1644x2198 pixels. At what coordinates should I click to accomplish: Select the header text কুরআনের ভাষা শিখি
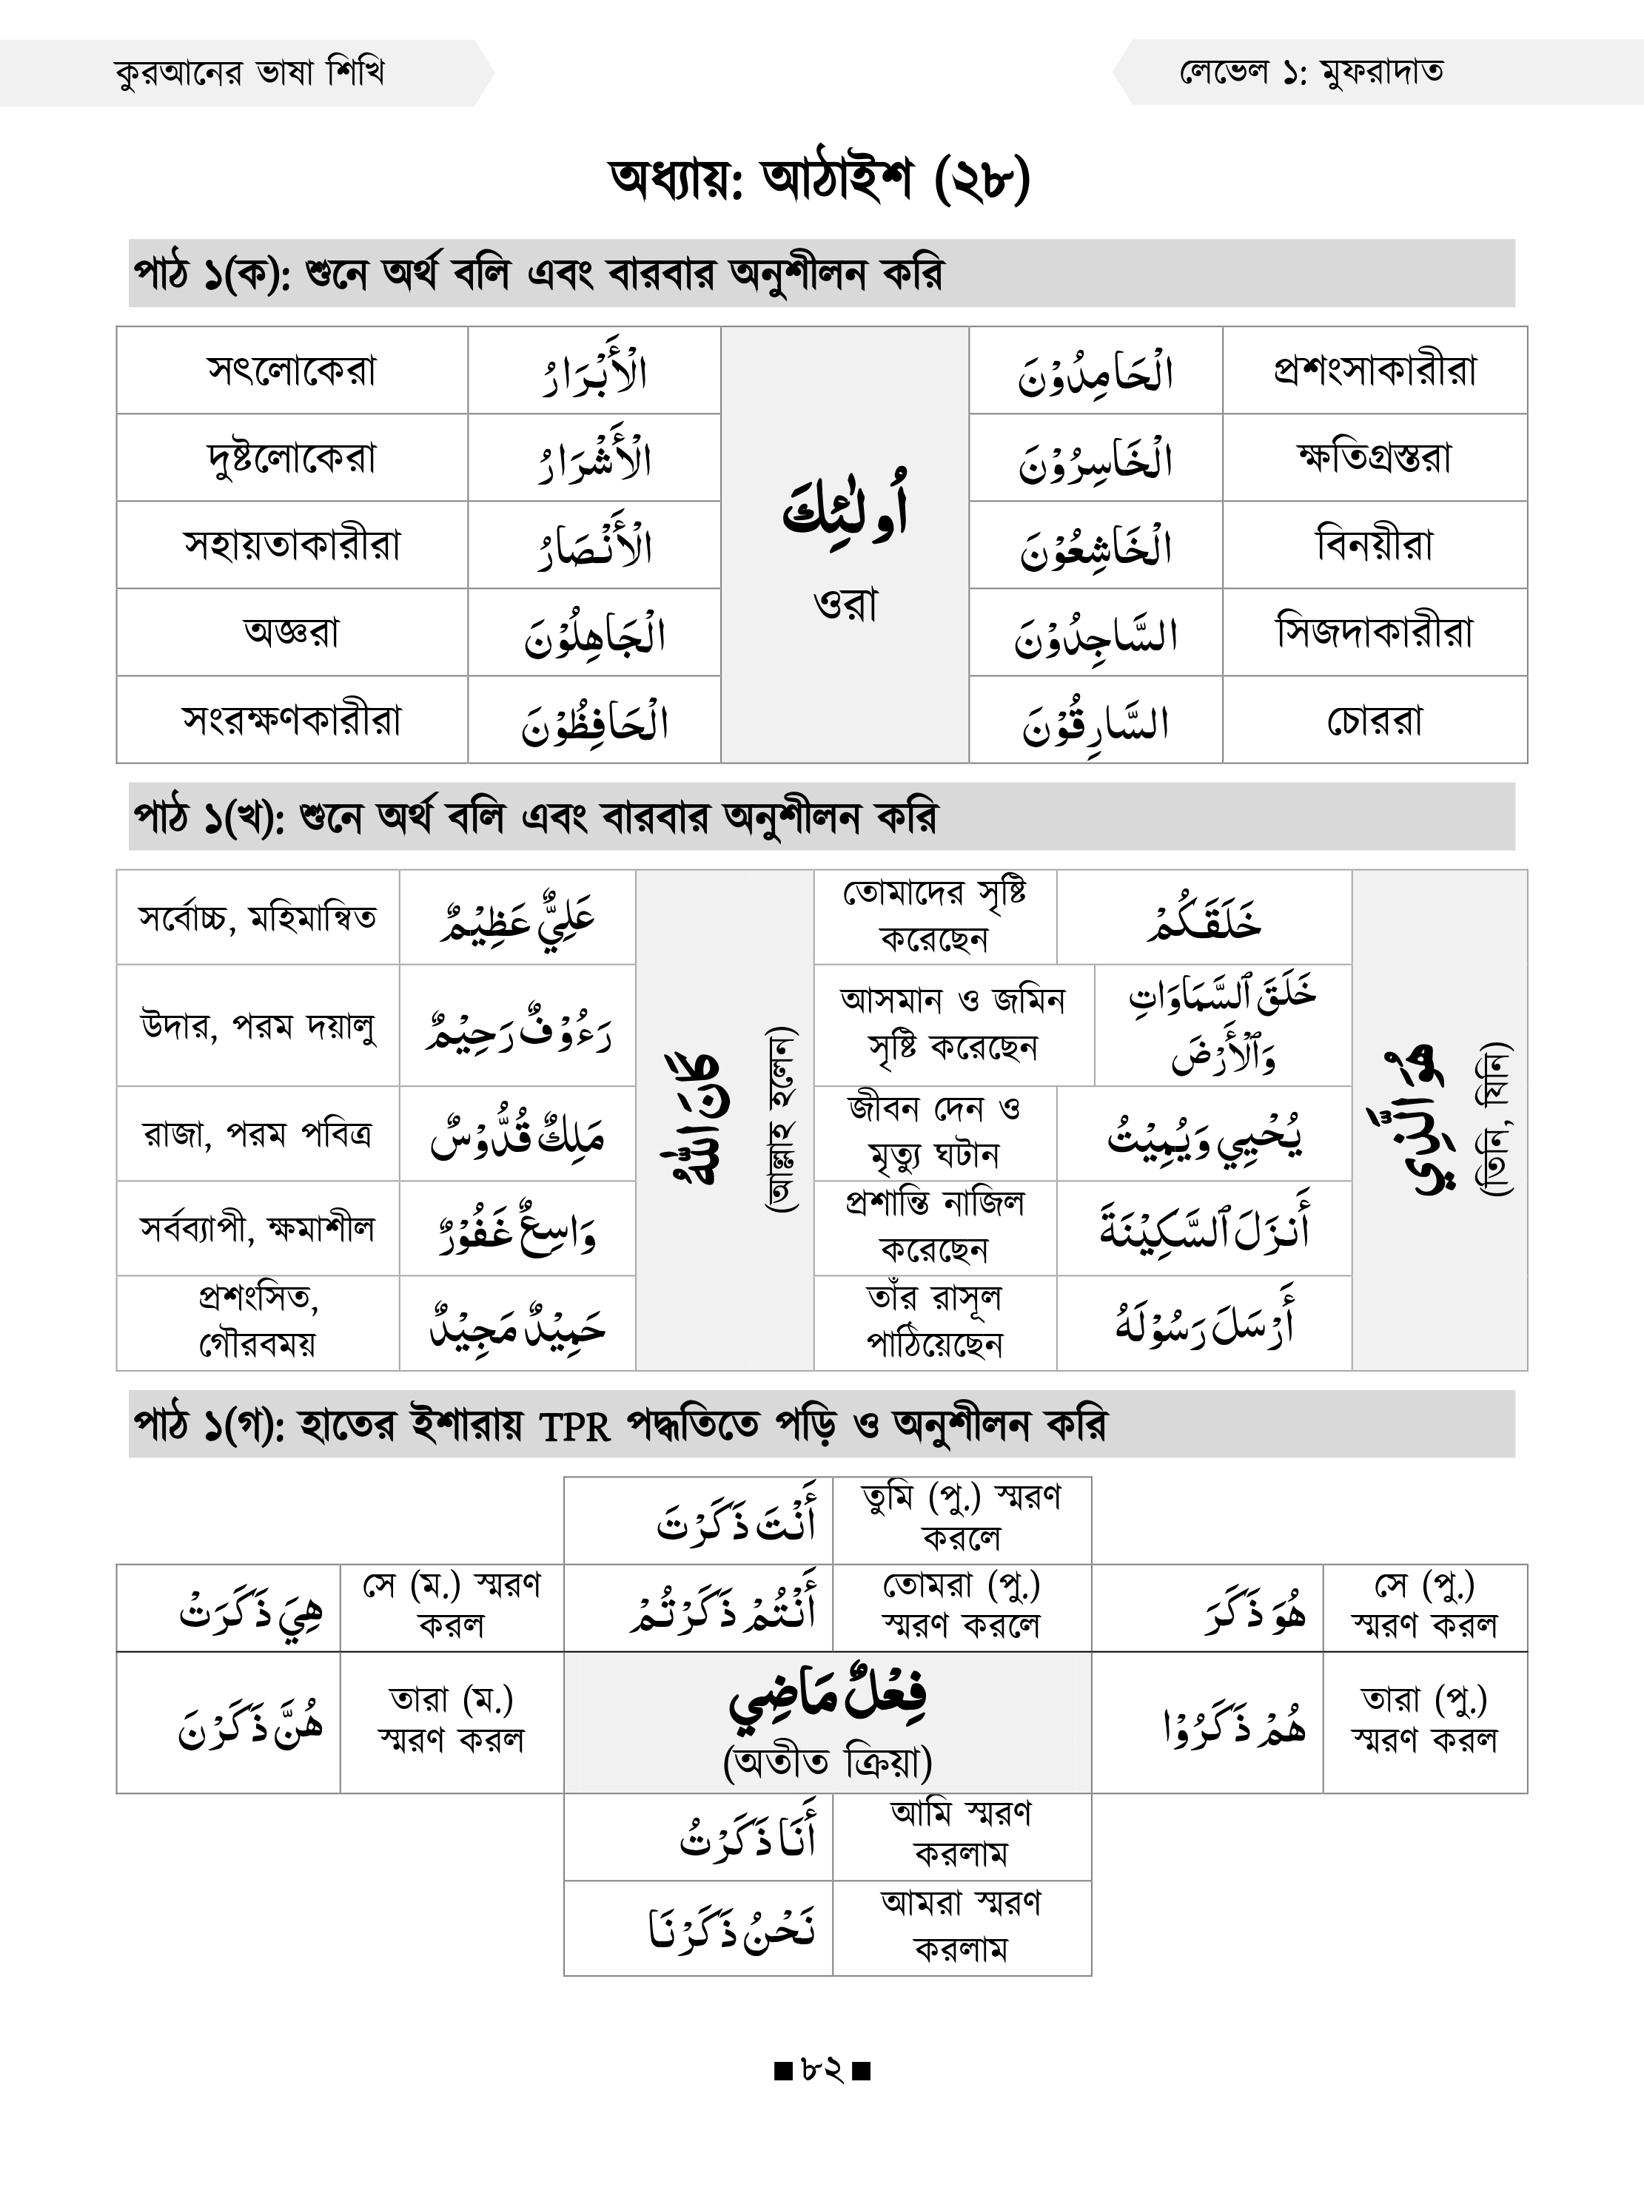coord(249,73)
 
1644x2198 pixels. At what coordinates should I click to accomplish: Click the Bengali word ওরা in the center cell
coord(845,604)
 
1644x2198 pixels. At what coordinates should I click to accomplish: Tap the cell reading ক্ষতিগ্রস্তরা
coord(1375,458)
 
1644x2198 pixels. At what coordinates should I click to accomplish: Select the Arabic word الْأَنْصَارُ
coord(594,547)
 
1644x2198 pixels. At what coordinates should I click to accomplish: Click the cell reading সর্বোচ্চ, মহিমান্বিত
coord(258,917)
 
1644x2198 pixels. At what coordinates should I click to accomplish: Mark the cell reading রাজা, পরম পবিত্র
coord(258,1134)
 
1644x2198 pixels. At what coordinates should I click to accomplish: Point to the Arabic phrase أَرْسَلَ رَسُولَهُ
coord(1204,1324)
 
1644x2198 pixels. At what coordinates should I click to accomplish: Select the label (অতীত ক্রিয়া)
coord(827,1763)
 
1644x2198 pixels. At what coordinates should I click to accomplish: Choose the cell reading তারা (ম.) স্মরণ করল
coord(452,1720)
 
